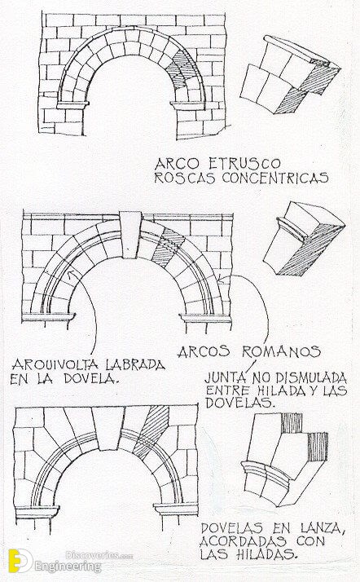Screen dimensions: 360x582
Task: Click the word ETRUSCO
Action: (x=244, y=163)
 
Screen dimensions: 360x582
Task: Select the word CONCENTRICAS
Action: (x=275, y=178)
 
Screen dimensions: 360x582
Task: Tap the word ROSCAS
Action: (x=184, y=178)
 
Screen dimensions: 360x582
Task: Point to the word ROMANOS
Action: (x=281, y=351)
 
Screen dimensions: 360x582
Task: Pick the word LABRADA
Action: (x=135, y=365)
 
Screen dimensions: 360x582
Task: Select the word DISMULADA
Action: (x=311, y=378)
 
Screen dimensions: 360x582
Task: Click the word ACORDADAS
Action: (x=243, y=541)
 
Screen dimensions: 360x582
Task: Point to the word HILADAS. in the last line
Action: (x=269, y=554)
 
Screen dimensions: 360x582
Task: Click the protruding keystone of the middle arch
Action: (x=130, y=235)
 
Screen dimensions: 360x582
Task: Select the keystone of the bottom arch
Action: (x=108, y=428)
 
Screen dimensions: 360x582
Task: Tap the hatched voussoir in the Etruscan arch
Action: (x=182, y=69)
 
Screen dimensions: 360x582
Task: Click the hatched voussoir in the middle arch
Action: (x=167, y=247)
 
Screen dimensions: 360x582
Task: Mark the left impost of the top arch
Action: (x=73, y=105)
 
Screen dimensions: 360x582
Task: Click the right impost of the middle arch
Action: (x=205, y=319)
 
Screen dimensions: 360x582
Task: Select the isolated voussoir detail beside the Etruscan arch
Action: (x=290, y=74)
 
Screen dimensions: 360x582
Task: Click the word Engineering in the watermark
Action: (x=68, y=567)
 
